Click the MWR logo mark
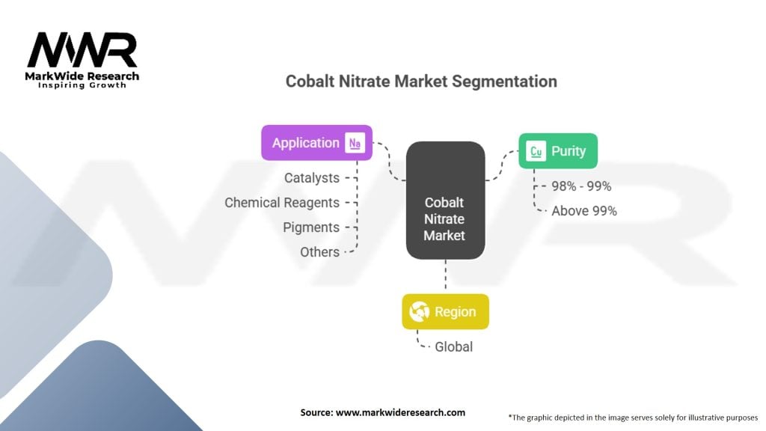tap(82, 50)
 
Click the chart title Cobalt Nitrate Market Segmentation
tap(421, 81)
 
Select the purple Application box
tap(316, 143)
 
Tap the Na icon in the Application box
tap(355, 143)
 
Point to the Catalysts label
tap(312, 178)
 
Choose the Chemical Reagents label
tap(282, 203)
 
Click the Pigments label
tap(311, 227)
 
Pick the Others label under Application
tap(319, 252)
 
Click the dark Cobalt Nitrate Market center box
tap(446, 201)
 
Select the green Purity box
tap(558, 151)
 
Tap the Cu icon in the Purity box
tap(536, 151)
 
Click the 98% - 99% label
tap(581, 186)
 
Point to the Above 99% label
tap(584, 211)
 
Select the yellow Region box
tap(446, 312)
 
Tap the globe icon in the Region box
tap(419, 312)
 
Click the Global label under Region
tap(454, 347)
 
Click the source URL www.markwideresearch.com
tap(401, 412)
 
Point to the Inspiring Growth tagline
tap(82, 85)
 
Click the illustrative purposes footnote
tap(633, 418)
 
